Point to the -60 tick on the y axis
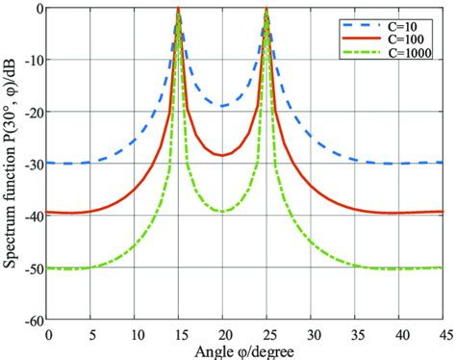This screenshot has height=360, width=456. tap(33, 320)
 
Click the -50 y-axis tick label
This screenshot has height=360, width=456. tap(33, 268)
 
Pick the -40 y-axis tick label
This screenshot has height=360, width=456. tap(33, 216)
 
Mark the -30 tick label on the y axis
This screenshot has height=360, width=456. tap(33, 164)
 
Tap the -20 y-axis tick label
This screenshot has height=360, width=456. tap(33, 112)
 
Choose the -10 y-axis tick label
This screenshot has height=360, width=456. tap(33, 60)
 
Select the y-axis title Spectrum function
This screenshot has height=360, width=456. tap(12, 164)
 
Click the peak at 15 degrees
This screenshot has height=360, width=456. tap(179, 10)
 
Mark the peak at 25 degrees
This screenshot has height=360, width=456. tap(266, 10)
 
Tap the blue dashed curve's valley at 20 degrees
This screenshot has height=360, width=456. tap(222, 106)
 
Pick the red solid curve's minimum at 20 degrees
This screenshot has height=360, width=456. tap(222, 155)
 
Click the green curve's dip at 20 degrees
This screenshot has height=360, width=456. tap(222, 211)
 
